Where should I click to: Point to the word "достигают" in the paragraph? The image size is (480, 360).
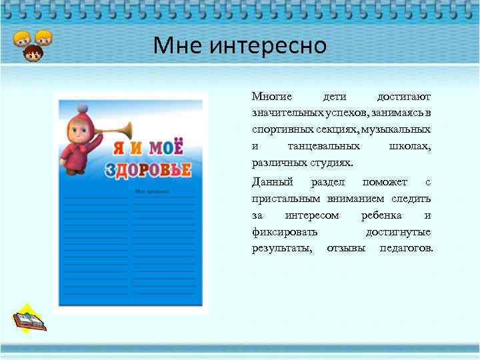coord(404,97)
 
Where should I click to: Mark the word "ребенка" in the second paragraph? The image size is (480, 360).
coord(381,215)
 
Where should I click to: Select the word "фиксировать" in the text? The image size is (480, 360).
coord(285,232)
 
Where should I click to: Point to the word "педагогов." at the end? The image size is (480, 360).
coord(406,249)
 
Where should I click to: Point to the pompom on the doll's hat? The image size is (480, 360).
coord(82,107)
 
